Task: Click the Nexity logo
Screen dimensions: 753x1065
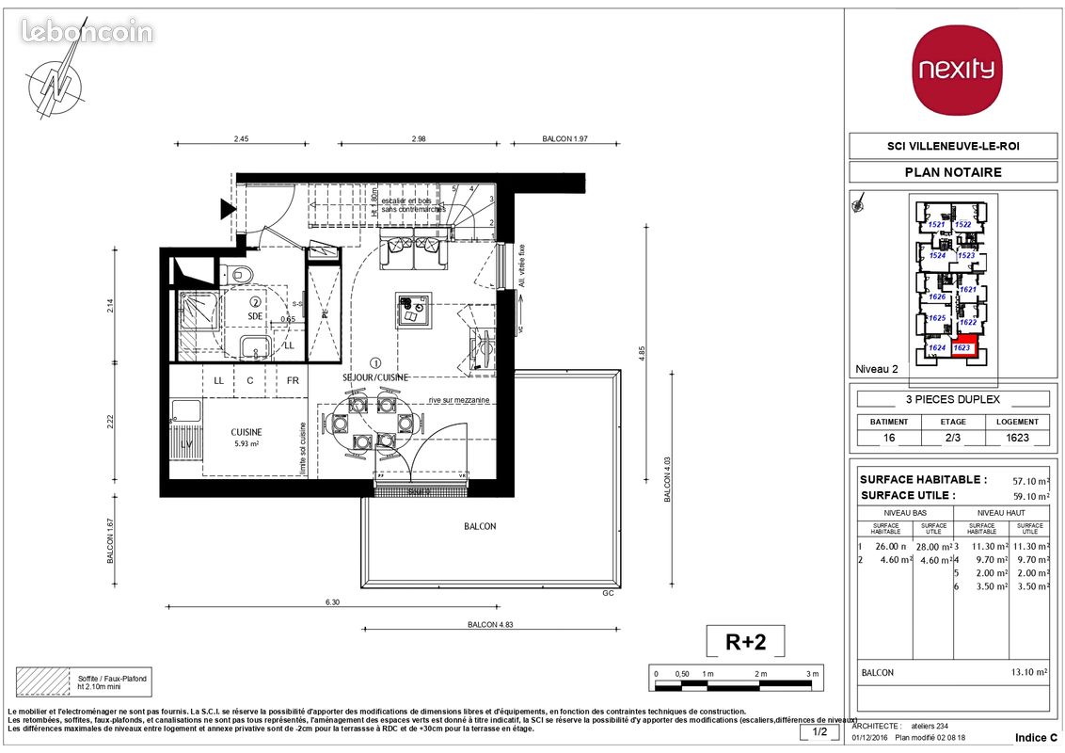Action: [x=957, y=71]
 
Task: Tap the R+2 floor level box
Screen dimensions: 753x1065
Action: [x=745, y=642]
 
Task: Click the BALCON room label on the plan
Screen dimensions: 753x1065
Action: [x=480, y=526]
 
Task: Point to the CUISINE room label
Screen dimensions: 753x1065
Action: [x=246, y=432]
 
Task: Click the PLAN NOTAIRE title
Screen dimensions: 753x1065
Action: [x=953, y=172]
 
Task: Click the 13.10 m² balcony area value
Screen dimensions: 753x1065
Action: [x=1028, y=673]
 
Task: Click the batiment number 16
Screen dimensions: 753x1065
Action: [x=888, y=438]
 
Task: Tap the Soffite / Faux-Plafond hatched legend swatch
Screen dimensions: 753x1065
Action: [x=43, y=681]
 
